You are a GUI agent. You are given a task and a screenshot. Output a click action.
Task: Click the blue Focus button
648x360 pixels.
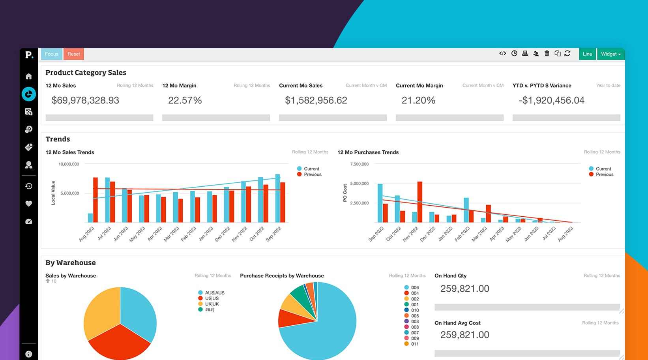pos(51,54)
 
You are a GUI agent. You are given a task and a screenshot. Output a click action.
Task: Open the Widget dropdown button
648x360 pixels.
pos(611,54)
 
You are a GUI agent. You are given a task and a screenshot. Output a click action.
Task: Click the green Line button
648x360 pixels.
pos(587,54)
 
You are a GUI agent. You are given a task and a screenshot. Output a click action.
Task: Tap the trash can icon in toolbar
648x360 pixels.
pos(547,53)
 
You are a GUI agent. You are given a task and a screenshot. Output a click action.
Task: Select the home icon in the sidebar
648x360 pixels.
pos(29,76)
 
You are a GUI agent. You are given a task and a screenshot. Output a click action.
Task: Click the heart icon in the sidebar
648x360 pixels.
pos(29,204)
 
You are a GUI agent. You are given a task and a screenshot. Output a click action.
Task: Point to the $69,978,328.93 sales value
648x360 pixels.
pos(85,100)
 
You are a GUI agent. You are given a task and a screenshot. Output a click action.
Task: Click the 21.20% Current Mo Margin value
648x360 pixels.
pos(418,100)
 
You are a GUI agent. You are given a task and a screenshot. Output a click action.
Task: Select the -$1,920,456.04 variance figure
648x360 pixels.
pos(551,100)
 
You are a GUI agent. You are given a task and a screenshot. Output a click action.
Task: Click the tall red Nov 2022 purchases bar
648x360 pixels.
pos(420,201)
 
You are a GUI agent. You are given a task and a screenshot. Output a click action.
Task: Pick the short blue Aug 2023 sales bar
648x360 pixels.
pos(90,218)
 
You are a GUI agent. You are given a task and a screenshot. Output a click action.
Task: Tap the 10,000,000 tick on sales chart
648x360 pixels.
pos(69,164)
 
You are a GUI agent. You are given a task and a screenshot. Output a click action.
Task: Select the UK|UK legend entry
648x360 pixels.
pos(212,304)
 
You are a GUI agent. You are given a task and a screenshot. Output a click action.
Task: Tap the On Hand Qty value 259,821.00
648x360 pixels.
pos(464,289)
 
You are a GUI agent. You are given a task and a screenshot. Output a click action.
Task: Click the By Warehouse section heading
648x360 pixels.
pos(71,262)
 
